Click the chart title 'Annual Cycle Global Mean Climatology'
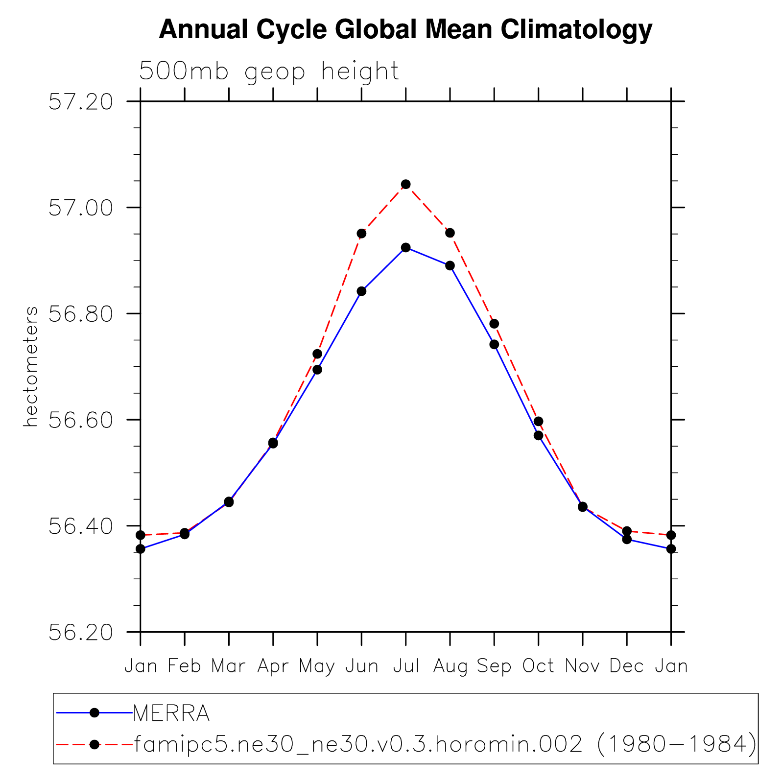point(405,30)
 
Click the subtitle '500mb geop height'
point(269,71)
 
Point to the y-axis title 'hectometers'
point(30,366)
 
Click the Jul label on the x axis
point(406,666)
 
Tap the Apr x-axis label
point(273,666)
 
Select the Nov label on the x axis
point(582,666)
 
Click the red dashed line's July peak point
point(405,184)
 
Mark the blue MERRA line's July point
point(405,247)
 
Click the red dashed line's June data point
point(361,233)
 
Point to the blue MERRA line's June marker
point(361,291)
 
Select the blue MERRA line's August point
point(450,265)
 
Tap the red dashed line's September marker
point(494,324)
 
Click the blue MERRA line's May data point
point(317,370)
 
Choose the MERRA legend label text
point(171,713)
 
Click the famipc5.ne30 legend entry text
point(445,745)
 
